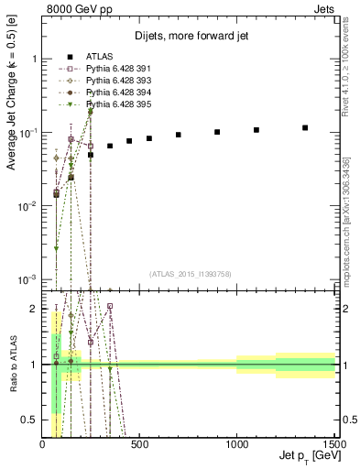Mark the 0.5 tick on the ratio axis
pos(33,420)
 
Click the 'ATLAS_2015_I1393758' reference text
pos(191,274)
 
